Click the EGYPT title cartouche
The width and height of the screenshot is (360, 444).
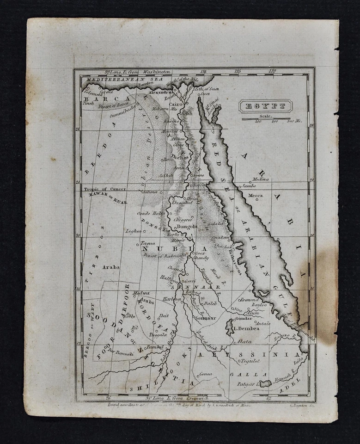point(265,106)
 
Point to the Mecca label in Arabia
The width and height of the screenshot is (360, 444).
point(255,196)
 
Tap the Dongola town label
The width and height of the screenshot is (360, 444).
point(187,227)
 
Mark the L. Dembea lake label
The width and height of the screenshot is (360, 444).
point(246,328)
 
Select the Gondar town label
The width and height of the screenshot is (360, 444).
point(244,318)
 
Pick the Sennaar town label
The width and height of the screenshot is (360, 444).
point(206,318)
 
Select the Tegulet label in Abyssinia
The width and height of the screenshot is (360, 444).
point(251,361)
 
